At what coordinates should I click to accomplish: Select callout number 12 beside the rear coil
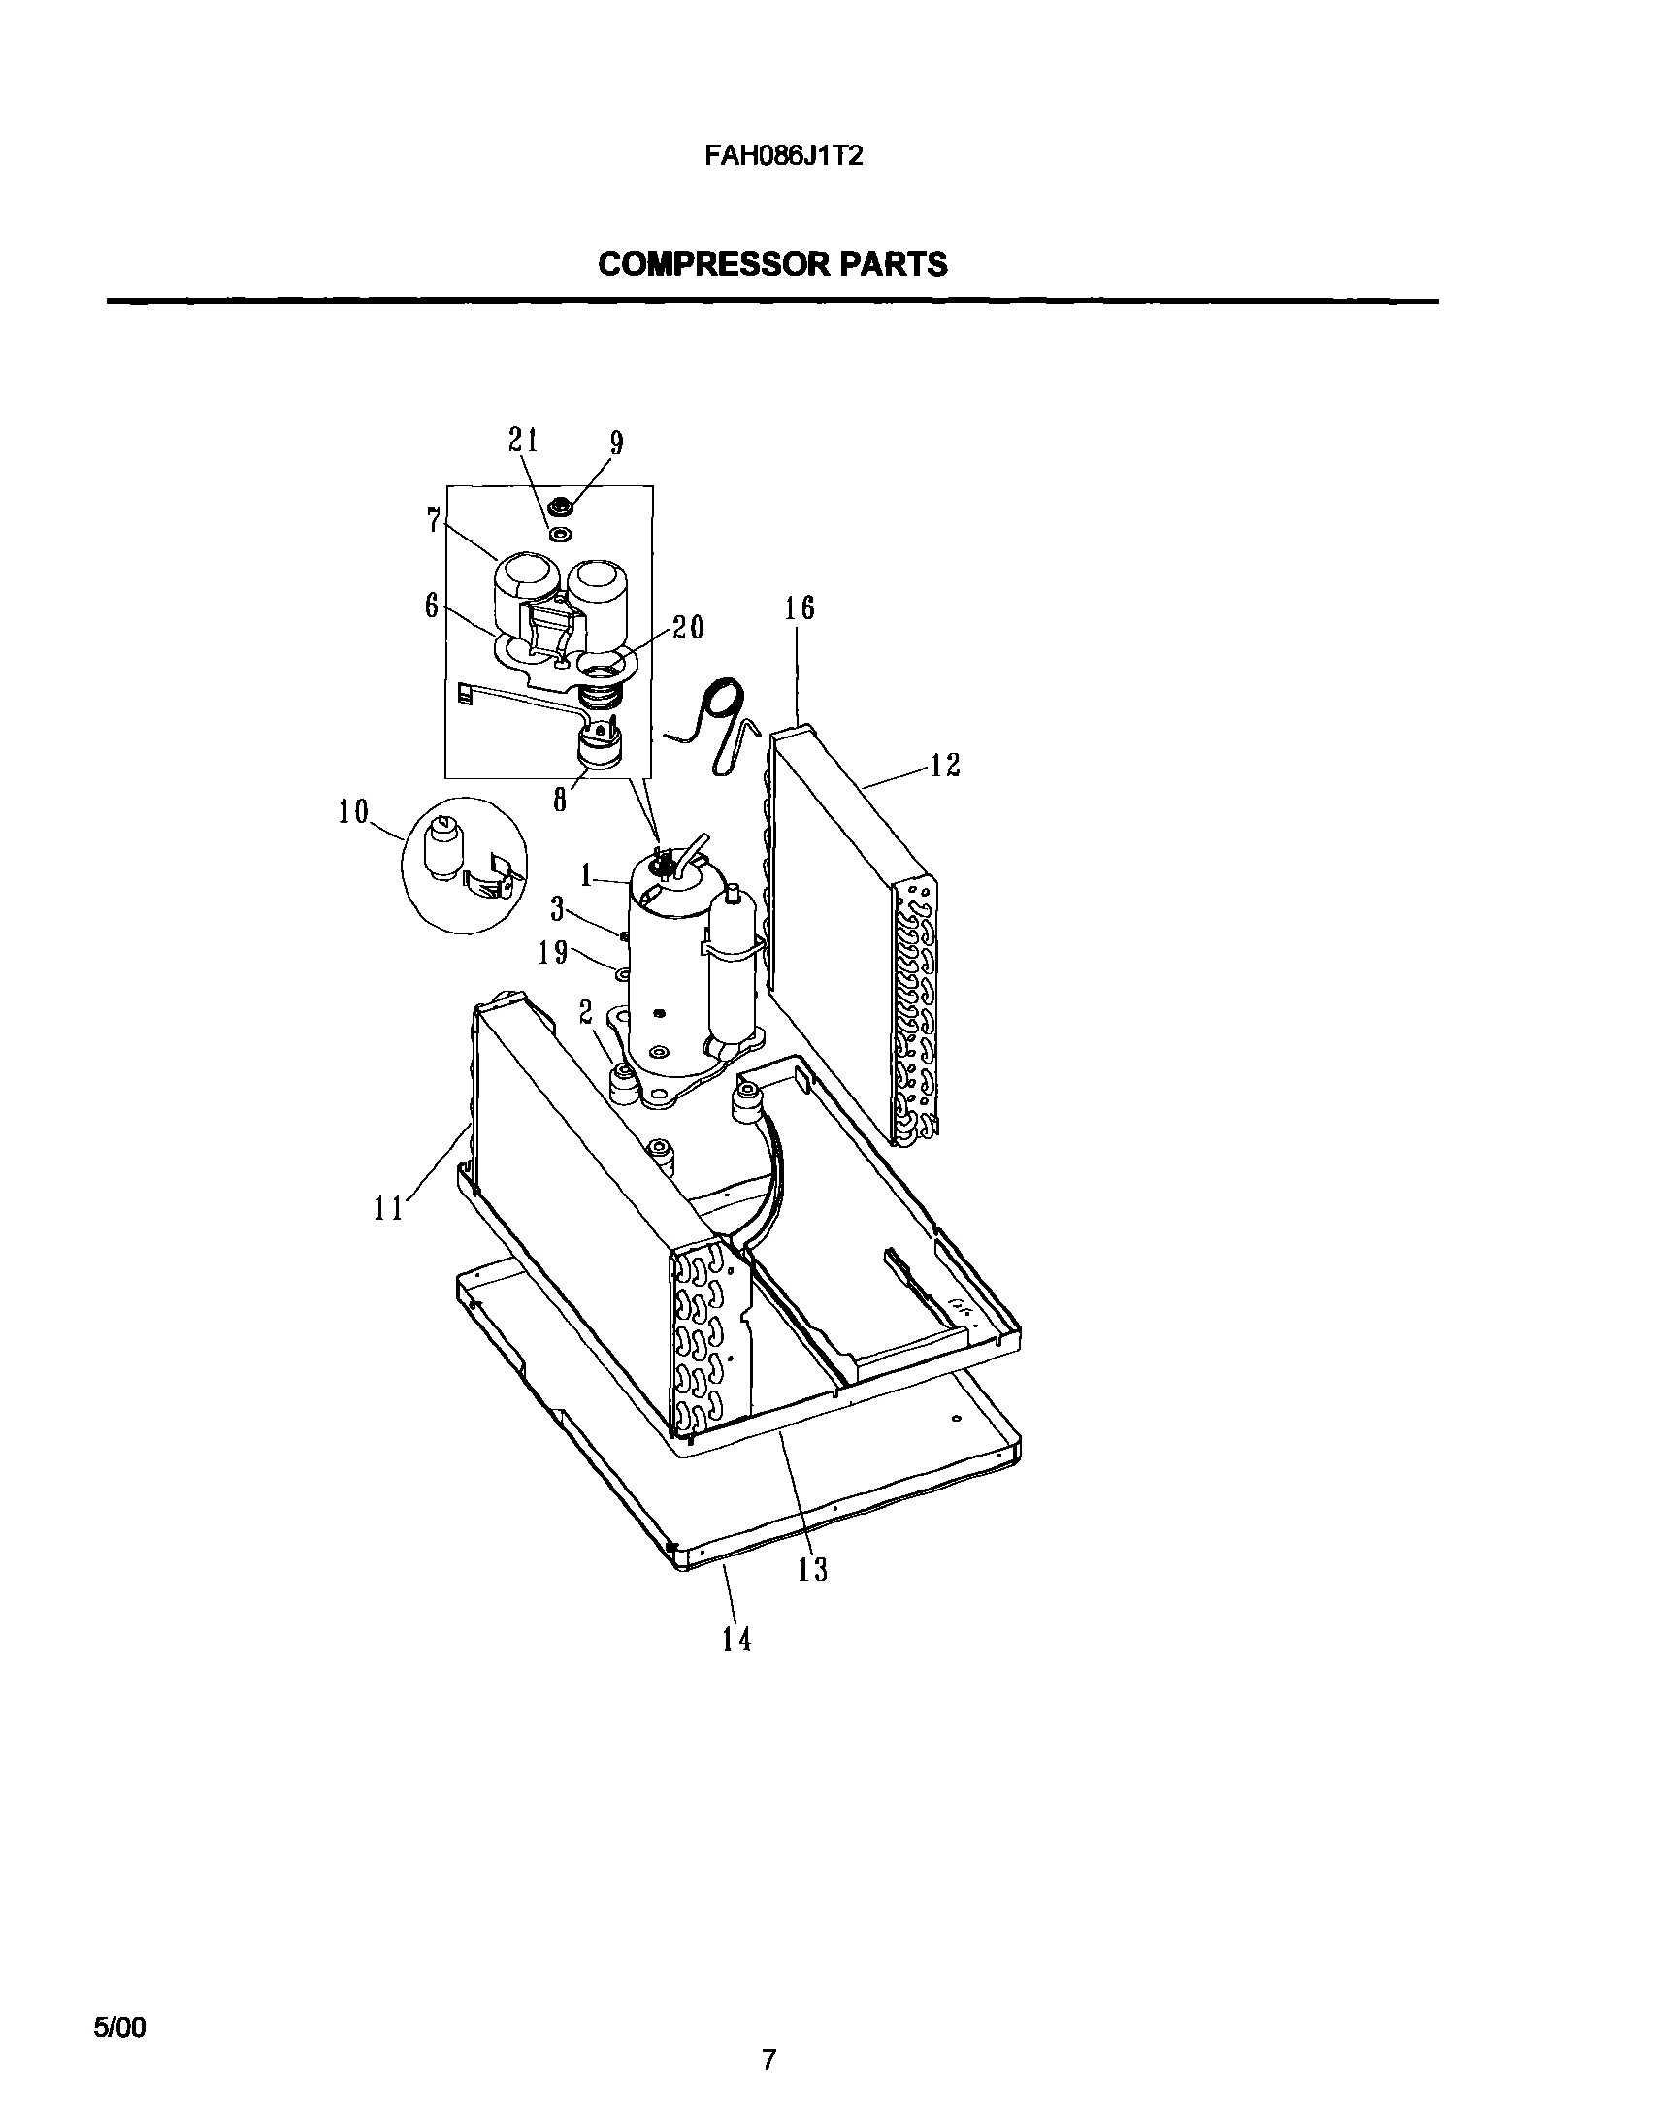944,765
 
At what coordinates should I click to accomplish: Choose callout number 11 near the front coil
388,1208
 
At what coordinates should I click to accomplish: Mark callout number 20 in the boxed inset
688,627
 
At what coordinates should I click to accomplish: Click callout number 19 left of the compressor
553,952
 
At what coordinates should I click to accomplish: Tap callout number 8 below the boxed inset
560,800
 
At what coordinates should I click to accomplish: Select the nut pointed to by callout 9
561,506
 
